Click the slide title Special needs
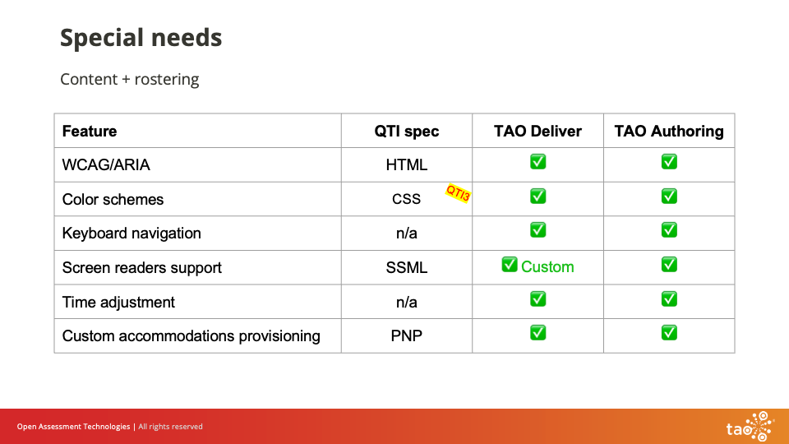141,38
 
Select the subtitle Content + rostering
129,80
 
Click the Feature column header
90,131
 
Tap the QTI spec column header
406,131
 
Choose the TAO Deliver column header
538,131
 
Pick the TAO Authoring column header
669,131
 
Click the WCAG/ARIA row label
106,164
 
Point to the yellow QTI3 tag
458,193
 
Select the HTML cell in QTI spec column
406,164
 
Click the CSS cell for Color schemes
406,199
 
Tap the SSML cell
406,268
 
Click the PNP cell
406,336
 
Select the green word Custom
547,267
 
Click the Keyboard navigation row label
131,234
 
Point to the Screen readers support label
141,268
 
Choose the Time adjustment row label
118,303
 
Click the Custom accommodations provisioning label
191,336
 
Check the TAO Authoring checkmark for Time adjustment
669,299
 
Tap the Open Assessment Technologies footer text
73,427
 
